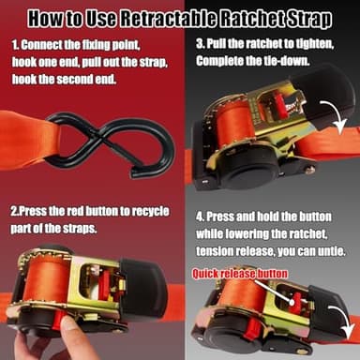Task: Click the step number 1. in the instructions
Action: (18, 44)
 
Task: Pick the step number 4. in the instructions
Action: (201, 217)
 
